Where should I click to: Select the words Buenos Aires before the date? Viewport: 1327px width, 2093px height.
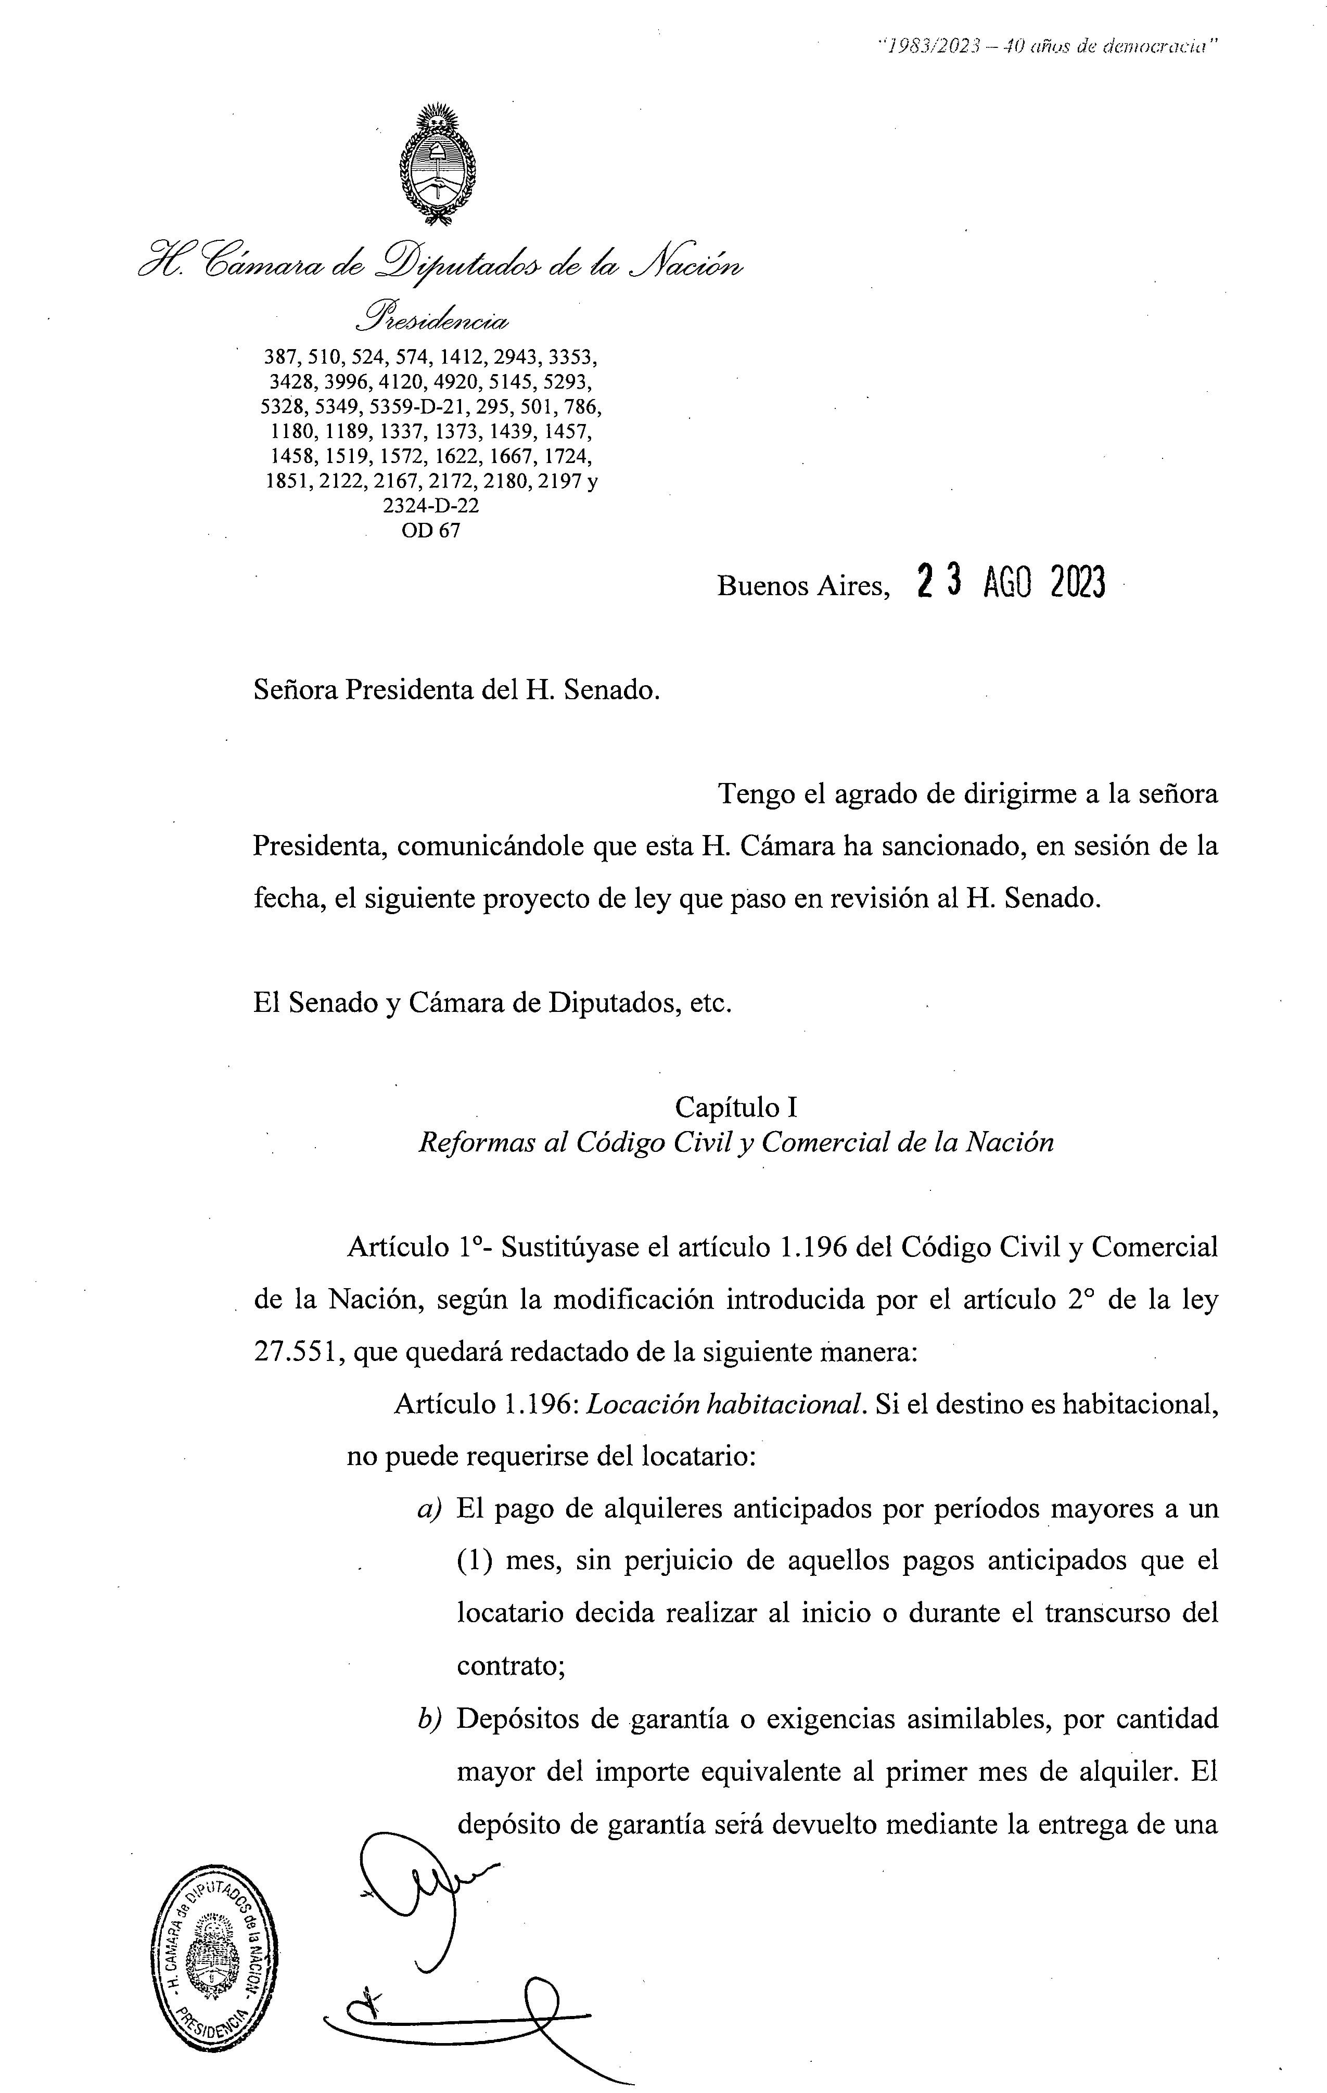pyautogui.click(x=802, y=587)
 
